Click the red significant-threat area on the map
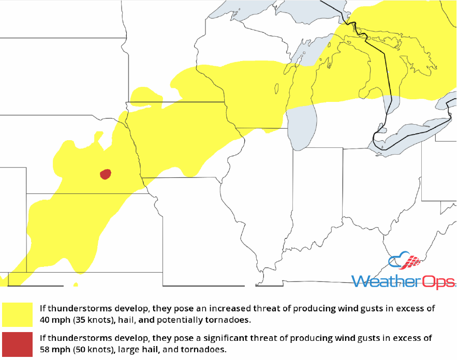click(106, 174)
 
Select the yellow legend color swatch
click(18, 314)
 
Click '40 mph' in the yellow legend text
click(55, 320)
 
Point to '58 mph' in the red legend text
click(55, 350)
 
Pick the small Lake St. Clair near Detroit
click(382, 128)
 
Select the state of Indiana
click(316, 191)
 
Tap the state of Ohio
click(378, 191)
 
